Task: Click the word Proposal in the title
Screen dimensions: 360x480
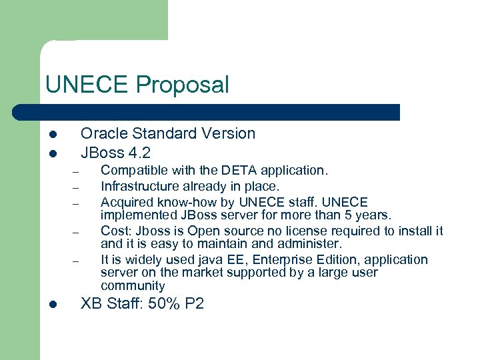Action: click(182, 85)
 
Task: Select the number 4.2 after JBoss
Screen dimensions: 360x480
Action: click(139, 152)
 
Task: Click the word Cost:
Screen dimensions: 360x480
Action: click(116, 231)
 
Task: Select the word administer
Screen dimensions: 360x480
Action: click(308, 244)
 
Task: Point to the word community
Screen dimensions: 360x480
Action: click(133, 286)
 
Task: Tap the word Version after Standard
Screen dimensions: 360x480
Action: click(230, 133)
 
